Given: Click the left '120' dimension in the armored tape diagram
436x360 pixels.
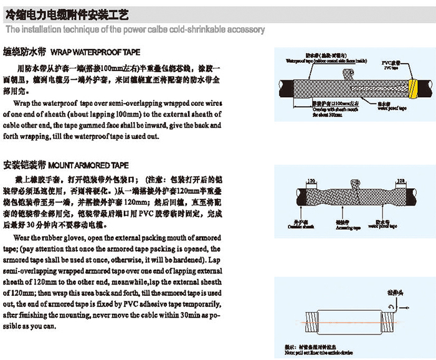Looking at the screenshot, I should (310, 180).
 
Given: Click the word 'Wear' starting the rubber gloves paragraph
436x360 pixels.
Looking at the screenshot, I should (21, 239).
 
